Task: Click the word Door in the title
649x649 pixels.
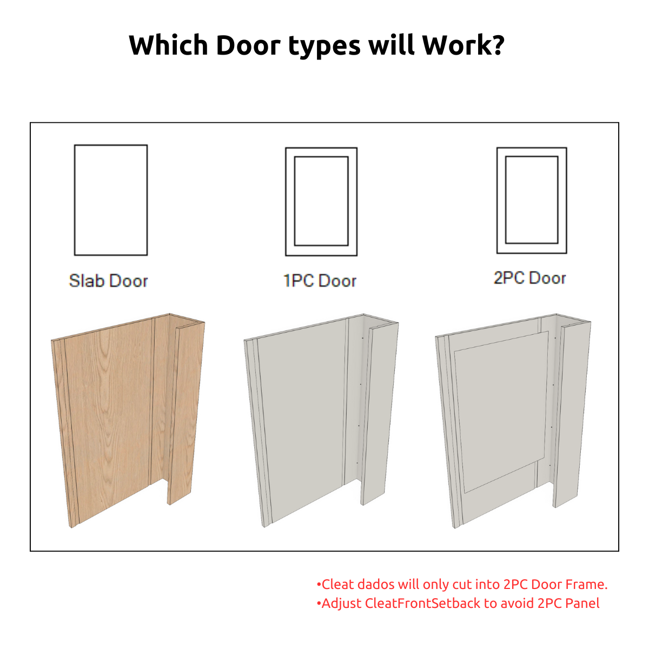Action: point(248,45)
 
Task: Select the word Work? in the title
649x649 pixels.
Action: point(463,45)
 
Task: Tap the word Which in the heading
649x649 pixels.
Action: point(168,45)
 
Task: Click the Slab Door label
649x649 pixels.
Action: point(109,281)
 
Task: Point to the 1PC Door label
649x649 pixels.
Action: point(320,281)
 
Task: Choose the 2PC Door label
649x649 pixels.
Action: point(530,278)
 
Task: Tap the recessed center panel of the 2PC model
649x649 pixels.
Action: point(502,411)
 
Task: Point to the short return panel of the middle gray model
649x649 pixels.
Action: point(379,414)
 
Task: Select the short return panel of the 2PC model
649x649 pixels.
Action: point(572,414)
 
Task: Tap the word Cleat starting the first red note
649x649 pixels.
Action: point(338,584)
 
